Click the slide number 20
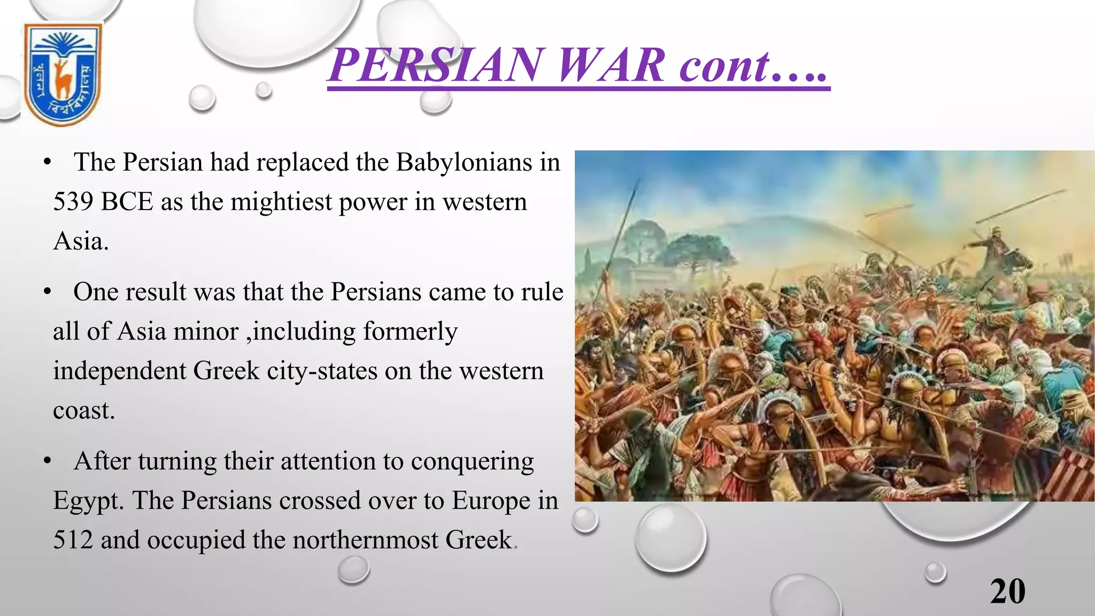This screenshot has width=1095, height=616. (x=1007, y=591)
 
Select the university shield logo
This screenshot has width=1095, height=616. (x=63, y=73)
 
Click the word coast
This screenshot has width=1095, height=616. (x=83, y=411)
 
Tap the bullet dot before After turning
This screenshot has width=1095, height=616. (x=48, y=461)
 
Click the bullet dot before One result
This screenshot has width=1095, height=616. (x=48, y=292)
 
